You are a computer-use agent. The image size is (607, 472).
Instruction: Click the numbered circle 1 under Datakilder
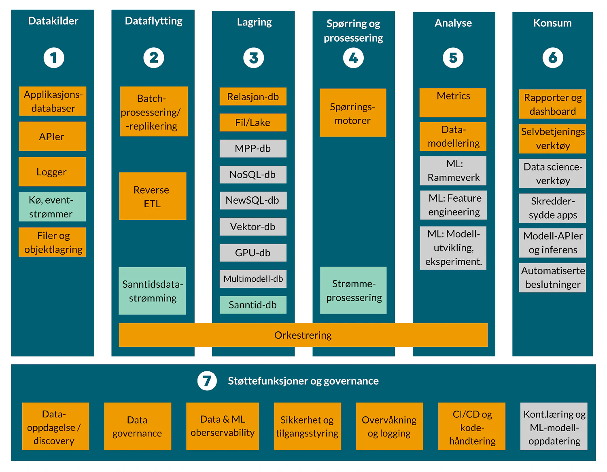[54, 58]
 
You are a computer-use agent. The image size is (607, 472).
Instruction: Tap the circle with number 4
[353, 58]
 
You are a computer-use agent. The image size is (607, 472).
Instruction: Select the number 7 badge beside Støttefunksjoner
[207, 381]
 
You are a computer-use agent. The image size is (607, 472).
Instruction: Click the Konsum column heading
[552, 23]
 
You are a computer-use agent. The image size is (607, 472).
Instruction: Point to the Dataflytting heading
[153, 21]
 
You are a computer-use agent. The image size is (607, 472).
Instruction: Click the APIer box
[52, 137]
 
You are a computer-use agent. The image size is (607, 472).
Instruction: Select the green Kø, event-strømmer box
[52, 207]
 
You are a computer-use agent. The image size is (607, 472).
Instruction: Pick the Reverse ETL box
[153, 196]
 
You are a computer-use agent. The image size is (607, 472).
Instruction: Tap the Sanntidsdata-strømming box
[152, 291]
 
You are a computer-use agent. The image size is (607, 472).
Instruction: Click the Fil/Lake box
[253, 122]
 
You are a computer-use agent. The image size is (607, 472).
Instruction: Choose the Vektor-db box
[253, 227]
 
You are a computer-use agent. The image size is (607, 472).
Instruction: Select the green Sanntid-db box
[253, 305]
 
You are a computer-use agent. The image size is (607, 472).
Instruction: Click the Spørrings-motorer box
[352, 113]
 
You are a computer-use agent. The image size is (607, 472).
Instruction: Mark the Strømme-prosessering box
[353, 291]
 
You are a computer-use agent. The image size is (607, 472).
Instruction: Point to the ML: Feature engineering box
[454, 205]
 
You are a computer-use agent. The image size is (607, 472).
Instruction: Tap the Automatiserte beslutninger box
[552, 278]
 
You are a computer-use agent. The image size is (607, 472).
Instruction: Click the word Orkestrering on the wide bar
[303, 335]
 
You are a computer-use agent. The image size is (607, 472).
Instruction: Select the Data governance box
[138, 426]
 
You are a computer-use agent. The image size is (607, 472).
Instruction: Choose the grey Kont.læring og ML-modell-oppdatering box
[554, 427]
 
